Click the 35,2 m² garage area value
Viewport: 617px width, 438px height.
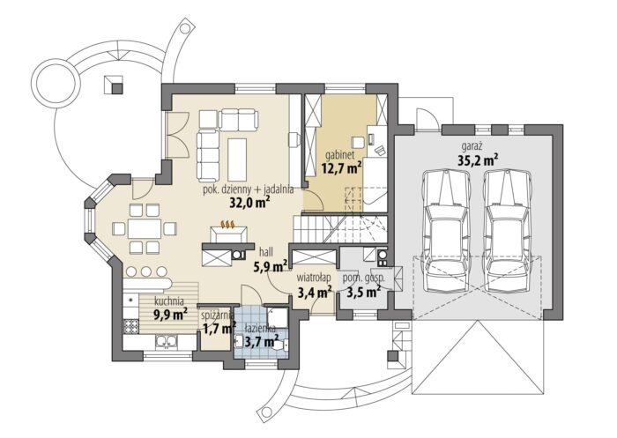[x=479, y=160]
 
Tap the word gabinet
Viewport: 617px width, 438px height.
[x=341, y=154]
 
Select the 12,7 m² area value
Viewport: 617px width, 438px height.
[x=342, y=168]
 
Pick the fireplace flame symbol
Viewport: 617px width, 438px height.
[x=228, y=225]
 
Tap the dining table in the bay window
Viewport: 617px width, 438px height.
[x=145, y=228]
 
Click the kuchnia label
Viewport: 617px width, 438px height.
[x=169, y=301]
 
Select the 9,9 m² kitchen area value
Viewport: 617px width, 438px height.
[x=170, y=315]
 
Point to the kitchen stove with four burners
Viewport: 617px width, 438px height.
[x=131, y=326]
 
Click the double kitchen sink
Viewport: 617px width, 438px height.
[x=167, y=342]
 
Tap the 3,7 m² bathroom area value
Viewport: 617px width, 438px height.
[x=262, y=340]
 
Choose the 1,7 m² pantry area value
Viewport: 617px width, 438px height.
[x=219, y=328]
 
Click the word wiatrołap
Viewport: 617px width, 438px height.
[x=313, y=278]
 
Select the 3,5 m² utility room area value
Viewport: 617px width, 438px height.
[x=363, y=292]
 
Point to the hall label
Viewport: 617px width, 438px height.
[x=266, y=252]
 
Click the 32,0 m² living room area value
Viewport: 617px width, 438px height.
[x=249, y=202]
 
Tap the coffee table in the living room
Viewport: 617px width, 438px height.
[x=237, y=159]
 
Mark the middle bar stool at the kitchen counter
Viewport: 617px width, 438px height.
[x=146, y=271]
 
